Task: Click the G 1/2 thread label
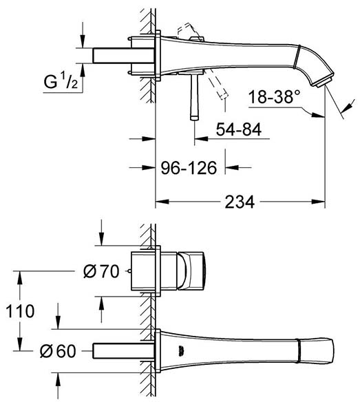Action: [61, 81]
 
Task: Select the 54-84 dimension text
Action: [239, 129]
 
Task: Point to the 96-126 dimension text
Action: [189, 168]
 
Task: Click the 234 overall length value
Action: [240, 202]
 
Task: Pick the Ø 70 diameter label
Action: [101, 271]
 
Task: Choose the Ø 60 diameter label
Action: [58, 351]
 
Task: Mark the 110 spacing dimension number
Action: [20, 311]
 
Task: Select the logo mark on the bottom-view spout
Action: [180, 352]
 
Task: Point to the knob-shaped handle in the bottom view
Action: [191, 271]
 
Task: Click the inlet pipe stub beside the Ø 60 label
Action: [123, 351]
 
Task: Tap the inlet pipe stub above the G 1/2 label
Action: [123, 56]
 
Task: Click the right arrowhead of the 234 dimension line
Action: [318, 202]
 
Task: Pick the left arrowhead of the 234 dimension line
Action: [162, 202]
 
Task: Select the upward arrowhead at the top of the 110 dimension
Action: [19, 277]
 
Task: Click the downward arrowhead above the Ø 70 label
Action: [102, 239]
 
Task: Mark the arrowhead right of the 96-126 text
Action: [232, 167]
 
